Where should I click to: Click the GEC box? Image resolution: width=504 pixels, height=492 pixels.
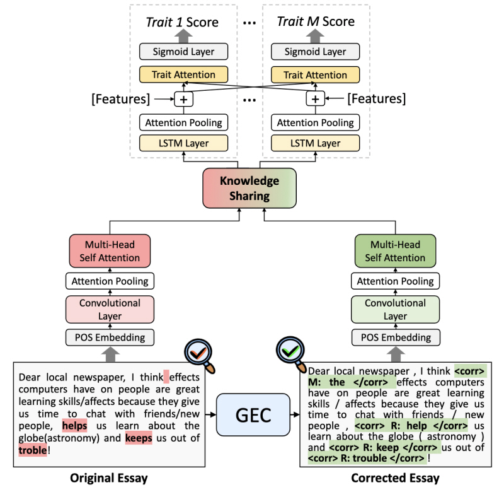253,414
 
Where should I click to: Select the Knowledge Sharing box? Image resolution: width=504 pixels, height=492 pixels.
249,189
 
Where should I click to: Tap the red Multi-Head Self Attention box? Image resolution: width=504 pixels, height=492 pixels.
110,250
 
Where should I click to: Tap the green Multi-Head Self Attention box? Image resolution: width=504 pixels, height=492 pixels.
395,250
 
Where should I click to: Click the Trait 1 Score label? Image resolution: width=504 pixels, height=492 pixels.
182,22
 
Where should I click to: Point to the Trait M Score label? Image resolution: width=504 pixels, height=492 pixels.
316,22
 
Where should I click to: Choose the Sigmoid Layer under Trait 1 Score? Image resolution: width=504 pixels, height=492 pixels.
184,52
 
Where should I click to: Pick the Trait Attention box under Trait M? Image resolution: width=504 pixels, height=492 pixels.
316,74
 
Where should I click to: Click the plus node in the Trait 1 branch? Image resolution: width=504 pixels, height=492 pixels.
184,98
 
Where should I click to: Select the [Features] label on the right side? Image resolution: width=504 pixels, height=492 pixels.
377,98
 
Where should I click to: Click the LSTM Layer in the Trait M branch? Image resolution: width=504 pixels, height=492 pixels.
316,143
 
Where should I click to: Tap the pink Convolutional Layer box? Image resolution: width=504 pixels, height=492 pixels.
110,309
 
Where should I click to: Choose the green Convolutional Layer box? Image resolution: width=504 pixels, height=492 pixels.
395,309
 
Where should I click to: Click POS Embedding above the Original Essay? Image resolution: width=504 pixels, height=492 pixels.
110,337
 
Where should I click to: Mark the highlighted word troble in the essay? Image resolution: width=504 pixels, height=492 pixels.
33,450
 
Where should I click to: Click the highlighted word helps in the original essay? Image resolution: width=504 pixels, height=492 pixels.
74,426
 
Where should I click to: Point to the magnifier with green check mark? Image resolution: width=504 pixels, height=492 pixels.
290,351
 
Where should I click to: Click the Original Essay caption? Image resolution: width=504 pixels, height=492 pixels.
110,477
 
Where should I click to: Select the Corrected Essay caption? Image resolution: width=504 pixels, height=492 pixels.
395,477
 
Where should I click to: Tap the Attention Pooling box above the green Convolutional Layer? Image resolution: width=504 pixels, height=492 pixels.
395,281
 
